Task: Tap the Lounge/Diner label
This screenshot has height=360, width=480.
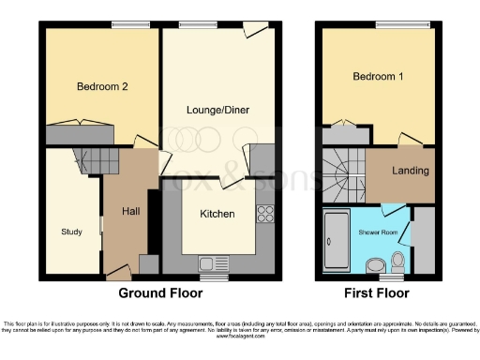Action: (217, 110)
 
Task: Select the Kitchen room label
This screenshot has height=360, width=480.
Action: (217, 214)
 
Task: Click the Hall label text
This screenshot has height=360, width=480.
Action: (131, 211)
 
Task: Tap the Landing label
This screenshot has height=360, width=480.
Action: (411, 171)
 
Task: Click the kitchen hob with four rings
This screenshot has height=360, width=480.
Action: (264, 213)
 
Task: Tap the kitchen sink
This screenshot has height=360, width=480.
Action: (206, 262)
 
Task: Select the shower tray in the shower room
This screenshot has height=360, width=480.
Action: (334, 241)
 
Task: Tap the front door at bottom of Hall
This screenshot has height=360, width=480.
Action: (119, 272)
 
